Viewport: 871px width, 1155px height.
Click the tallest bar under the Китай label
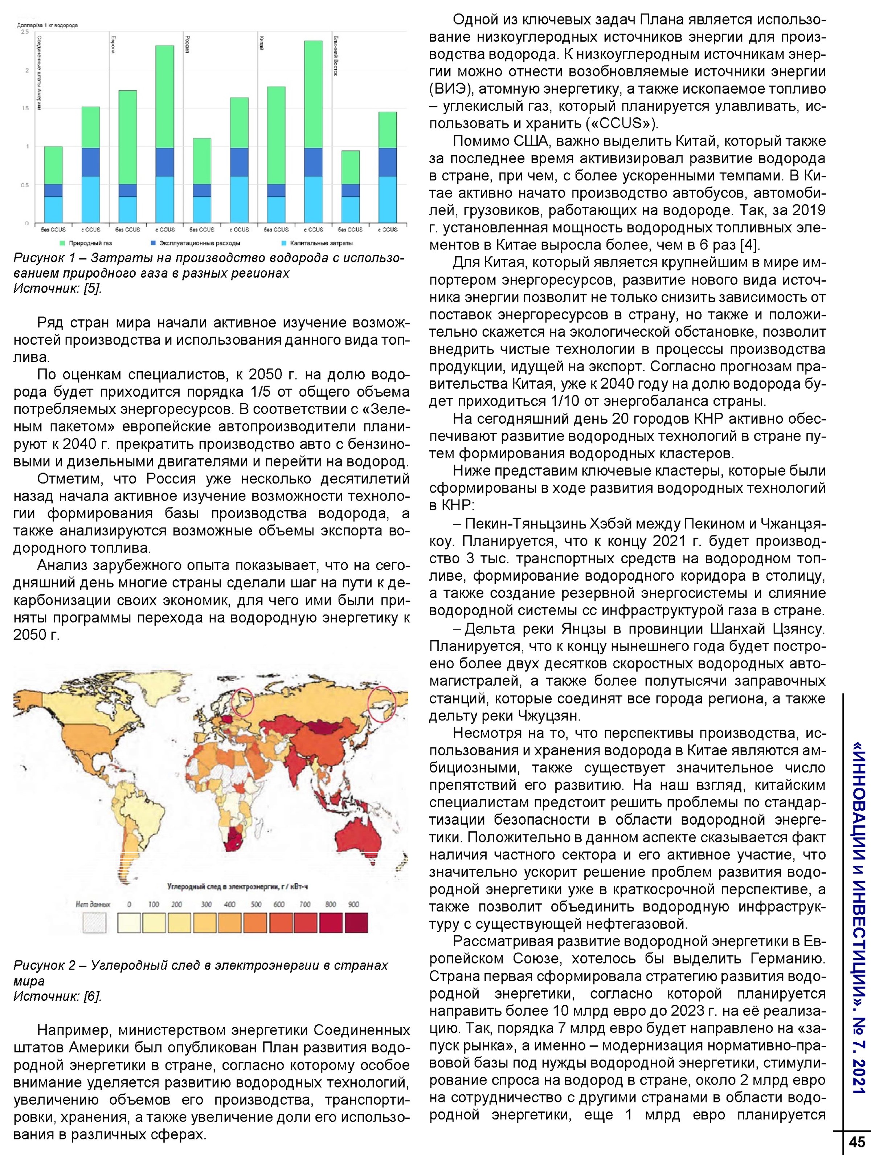[x=313, y=131]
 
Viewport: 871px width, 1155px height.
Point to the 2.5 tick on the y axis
[x=25, y=32]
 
